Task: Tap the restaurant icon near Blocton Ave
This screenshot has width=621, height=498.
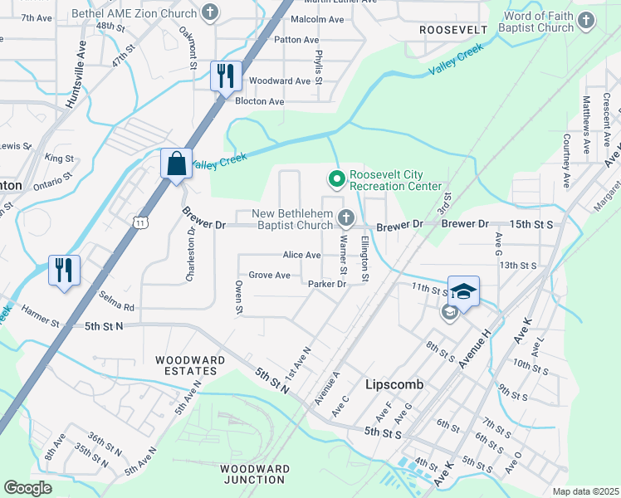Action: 225,76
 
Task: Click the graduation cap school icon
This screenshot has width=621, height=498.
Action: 464,291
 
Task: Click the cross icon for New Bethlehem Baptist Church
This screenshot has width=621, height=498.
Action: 346,218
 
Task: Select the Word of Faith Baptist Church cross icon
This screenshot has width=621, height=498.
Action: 587,20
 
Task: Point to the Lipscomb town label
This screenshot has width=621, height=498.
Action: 395,385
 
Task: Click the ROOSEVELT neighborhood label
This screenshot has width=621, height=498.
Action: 452,29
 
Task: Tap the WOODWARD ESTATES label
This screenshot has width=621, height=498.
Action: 190,366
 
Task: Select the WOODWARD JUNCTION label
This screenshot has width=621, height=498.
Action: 256,474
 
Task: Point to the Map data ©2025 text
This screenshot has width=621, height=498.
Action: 585,491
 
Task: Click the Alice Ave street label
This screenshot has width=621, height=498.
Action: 301,255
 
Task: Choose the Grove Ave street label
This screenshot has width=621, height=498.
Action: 270,275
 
